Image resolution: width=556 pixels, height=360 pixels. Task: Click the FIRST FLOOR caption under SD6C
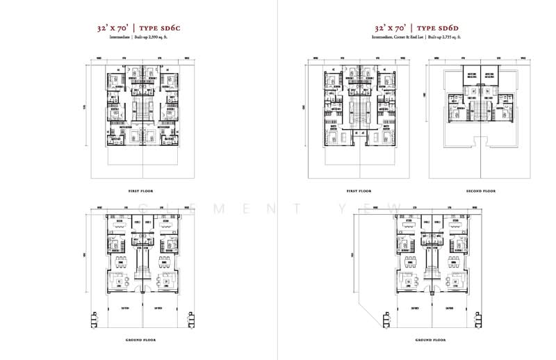[x=141, y=190]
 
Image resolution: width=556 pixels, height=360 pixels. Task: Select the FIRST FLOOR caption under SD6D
[x=359, y=190]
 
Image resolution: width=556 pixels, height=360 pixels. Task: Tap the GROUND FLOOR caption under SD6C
[x=141, y=340]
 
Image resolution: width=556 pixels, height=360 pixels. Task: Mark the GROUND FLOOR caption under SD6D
[x=428, y=340]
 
